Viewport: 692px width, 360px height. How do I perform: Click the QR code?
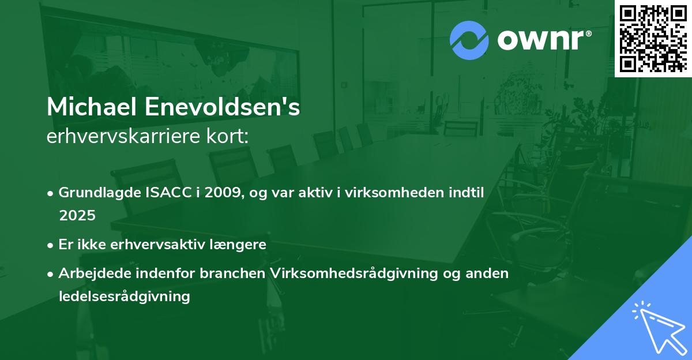pyautogui.click(x=653, y=38)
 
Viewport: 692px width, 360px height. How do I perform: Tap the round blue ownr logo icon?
pyautogui.click(x=469, y=40)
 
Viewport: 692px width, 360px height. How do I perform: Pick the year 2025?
pyautogui.click(x=77, y=215)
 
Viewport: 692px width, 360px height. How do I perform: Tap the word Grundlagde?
pyautogui.click(x=99, y=193)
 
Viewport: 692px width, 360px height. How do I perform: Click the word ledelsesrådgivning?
pyautogui.click(x=124, y=297)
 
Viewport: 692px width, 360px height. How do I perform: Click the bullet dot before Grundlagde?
pyautogui.click(x=51, y=194)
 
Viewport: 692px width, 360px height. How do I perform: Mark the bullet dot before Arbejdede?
pyautogui.click(x=51, y=274)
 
